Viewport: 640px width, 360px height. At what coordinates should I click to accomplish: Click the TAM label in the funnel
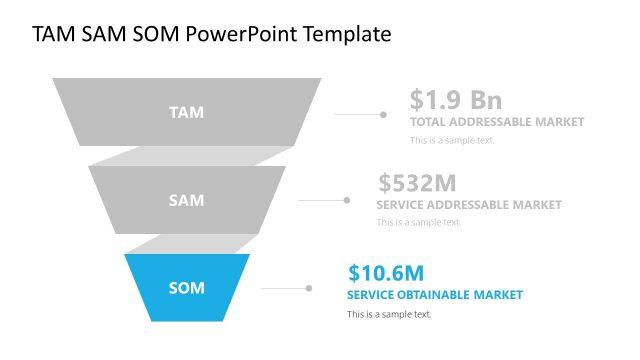[x=186, y=112]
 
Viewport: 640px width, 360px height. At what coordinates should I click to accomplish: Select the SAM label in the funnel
[x=186, y=200]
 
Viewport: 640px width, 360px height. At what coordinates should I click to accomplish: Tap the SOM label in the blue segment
[x=186, y=288]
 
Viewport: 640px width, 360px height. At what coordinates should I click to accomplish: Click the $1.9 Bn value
[x=455, y=100]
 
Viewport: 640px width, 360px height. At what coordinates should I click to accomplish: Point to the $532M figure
[x=417, y=183]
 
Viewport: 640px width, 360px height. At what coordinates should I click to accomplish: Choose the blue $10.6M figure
[x=387, y=272]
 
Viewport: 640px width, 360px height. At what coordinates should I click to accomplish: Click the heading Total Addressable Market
[x=497, y=122]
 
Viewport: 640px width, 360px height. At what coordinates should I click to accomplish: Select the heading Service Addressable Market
[x=469, y=205]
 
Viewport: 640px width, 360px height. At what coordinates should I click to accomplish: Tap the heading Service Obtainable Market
[x=435, y=295]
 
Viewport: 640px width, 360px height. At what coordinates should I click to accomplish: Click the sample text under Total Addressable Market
[x=452, y=140]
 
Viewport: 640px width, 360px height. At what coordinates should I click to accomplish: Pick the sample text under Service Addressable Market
[x=419, y=222]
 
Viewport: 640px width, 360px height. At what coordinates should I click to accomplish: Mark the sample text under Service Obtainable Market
[x=389, y=314]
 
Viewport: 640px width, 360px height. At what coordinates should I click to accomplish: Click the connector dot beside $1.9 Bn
[x=383, y=115]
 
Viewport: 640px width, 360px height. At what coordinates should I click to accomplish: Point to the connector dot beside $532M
[x=347, y=200]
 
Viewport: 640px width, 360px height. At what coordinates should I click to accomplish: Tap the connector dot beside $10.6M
[x=308, y=288]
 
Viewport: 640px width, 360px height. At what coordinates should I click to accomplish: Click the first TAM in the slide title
[x=53, y=35]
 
